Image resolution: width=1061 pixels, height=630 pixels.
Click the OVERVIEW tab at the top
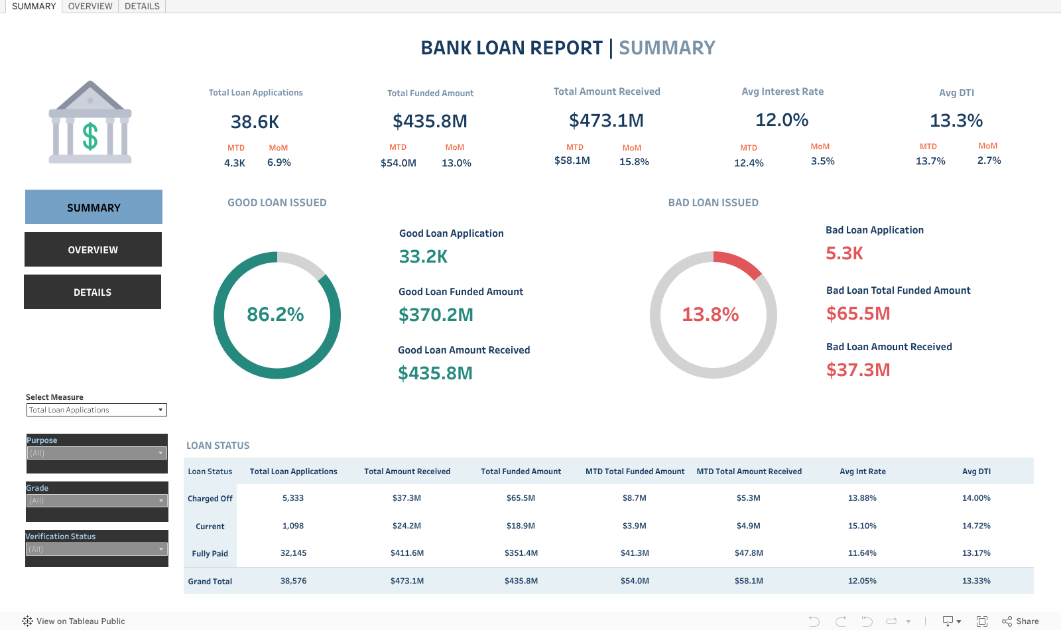pos(90,7)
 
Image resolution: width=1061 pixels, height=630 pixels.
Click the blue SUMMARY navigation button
pos(94,208)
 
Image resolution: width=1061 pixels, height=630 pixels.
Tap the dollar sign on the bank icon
pos(90,137)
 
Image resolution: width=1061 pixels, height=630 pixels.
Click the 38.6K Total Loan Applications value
pos(255,122)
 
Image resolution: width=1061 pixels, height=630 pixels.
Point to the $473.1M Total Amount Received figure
pos(606,121)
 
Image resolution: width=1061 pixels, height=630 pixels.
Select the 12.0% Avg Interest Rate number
pos(782,120)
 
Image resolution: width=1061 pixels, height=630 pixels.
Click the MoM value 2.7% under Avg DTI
pos(989,160)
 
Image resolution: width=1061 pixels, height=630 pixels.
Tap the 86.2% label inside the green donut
pos(275,314)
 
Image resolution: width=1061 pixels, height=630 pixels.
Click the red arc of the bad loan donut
pos(740,263)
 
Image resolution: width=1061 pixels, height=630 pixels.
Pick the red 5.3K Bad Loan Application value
pos(844,253)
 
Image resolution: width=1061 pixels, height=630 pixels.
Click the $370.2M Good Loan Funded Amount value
pos(436,315)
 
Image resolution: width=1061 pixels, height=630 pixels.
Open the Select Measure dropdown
pos(96,410)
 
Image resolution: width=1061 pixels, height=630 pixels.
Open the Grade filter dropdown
pos(96,501)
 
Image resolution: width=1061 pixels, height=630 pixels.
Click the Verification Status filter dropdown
pos(96,549)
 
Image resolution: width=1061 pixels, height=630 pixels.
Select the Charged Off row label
pos(210,499)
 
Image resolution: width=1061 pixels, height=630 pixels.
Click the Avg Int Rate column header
pos(862,472)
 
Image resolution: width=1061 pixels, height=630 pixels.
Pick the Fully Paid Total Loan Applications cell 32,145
pos(293,553)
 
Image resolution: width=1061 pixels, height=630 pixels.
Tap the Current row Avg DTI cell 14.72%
pos(976,526)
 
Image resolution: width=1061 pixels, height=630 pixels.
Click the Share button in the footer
pos(1021,621)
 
